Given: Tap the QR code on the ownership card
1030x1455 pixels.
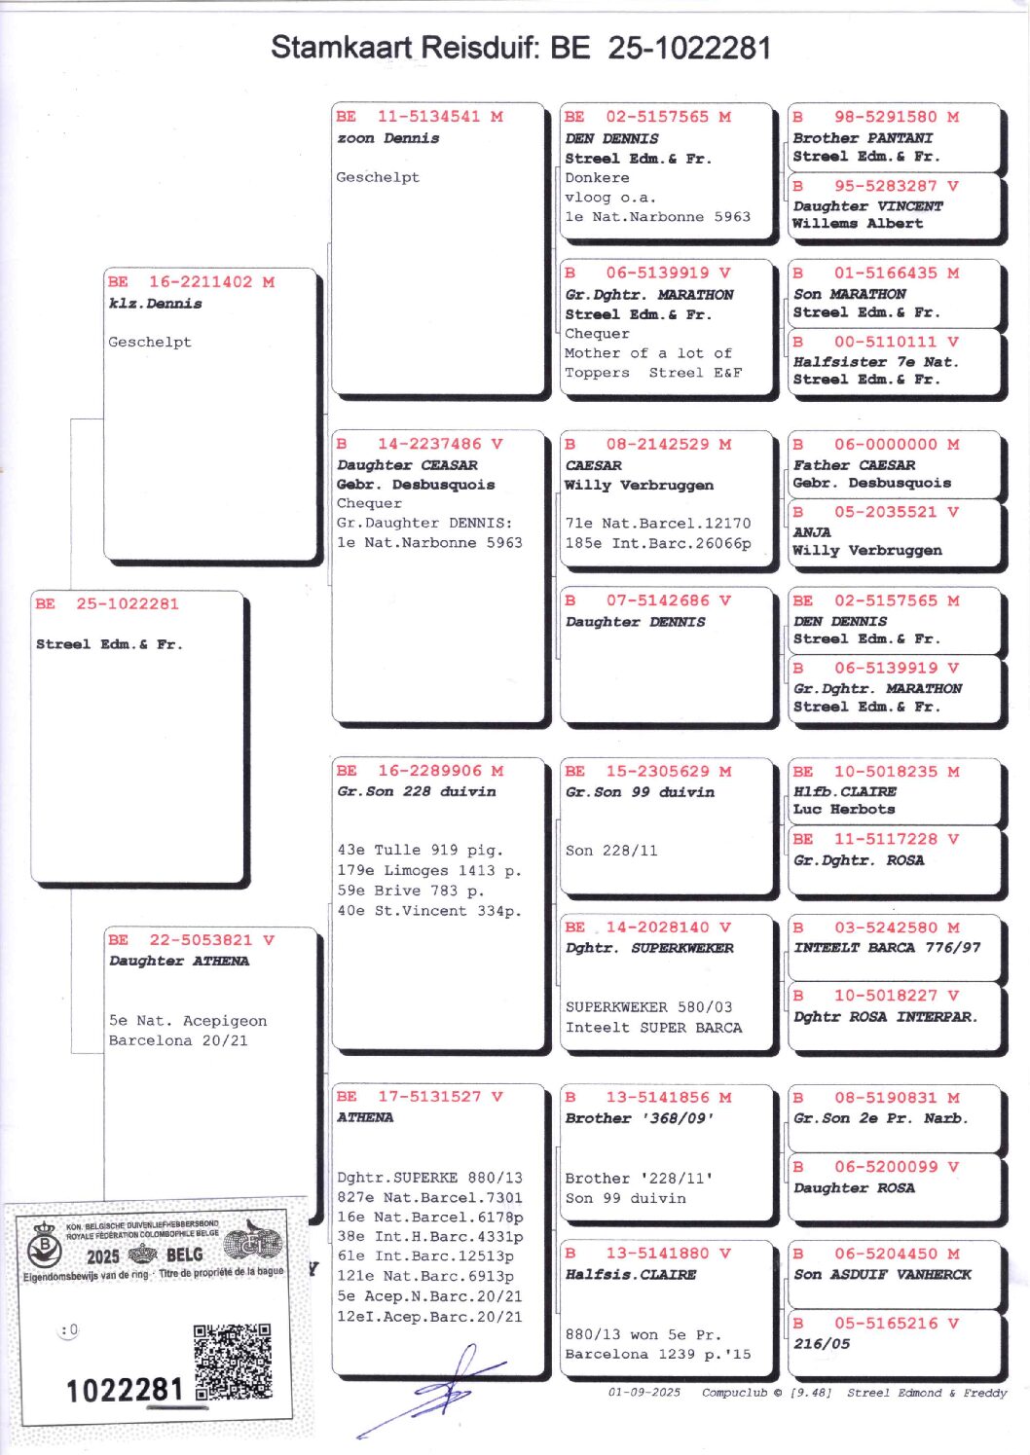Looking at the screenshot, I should pos(233,1361).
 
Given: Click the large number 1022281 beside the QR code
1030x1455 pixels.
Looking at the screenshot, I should pos(125,1390).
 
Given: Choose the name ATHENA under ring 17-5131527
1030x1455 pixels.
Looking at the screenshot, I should pos(365,1118).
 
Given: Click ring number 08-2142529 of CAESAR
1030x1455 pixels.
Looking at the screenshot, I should pos(657,445).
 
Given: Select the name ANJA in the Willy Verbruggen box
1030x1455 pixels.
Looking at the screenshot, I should pos(812,532).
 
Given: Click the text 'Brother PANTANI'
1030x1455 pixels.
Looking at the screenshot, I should pos(863,138).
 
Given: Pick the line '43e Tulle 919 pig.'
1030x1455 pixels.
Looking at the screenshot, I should pos(420,851).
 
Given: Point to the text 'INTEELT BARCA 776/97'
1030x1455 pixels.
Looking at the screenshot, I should pos(887,948).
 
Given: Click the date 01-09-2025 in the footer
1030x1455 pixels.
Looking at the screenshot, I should pos(644,1393).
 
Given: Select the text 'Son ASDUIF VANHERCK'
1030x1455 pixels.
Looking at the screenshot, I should pos(882,1275).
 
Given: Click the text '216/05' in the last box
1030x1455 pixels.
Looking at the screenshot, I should pos(822,1344).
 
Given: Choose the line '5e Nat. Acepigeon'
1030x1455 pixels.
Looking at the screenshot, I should pos(188,1021).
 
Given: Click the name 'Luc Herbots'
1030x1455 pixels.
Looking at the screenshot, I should pos(844,810).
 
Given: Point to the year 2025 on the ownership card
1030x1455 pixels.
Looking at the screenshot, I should pos(102,1256).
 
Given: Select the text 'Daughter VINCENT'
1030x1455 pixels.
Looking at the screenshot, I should pos(867,206).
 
